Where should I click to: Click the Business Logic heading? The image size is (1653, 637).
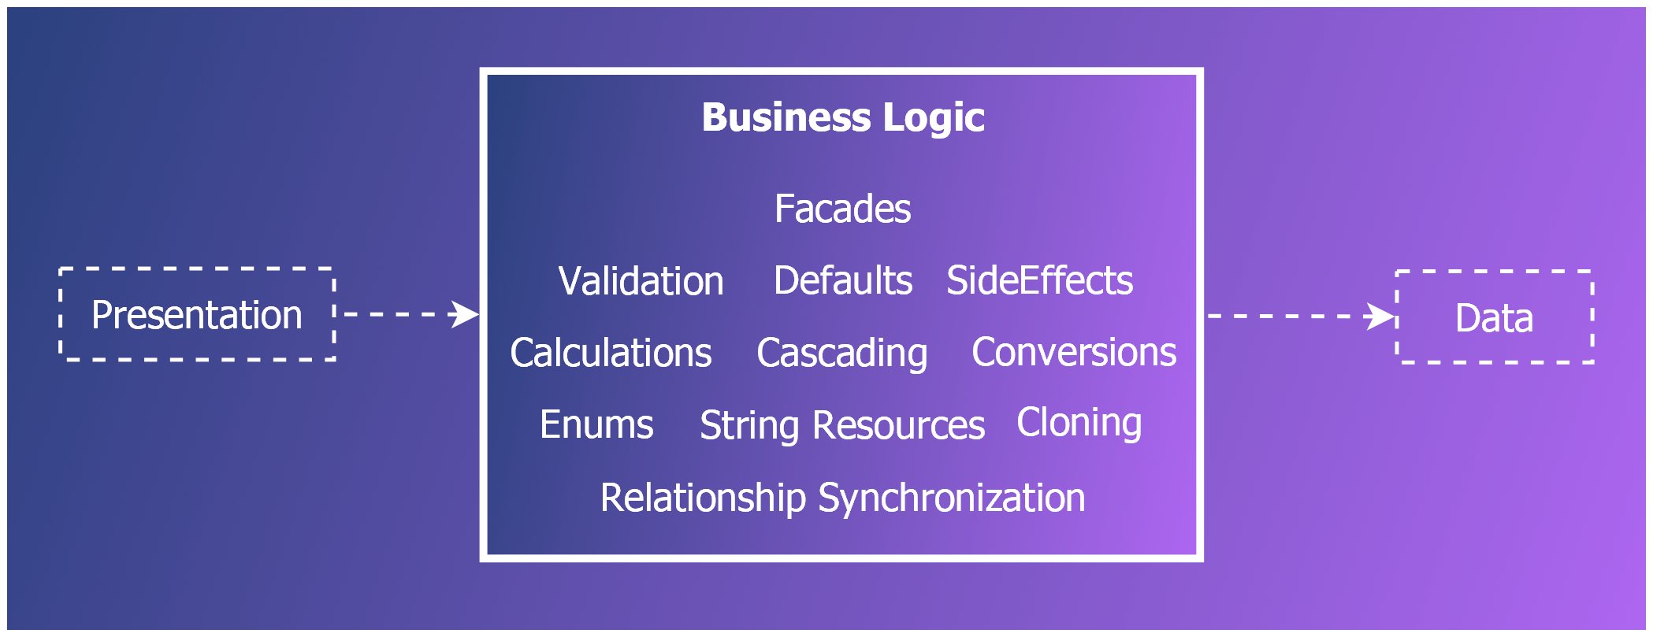coord(842,118)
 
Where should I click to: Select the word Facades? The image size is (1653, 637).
coord(842,209)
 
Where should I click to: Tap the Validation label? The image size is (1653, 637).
coord(641,281)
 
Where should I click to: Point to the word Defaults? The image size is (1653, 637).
coord(842,281)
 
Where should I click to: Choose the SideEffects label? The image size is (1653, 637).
coord(1039,281)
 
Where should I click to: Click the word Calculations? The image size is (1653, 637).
coord(611,353)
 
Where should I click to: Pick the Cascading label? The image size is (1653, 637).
coord(841,353)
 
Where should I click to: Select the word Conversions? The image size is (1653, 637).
coord(1074,353)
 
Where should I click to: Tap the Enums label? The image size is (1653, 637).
coord(596,425)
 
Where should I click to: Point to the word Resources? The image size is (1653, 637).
coord(898,426)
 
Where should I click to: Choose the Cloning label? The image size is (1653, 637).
coord(1079,423)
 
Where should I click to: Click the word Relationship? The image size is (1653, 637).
coord(703,498)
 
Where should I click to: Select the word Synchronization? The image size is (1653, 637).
coord(952,498)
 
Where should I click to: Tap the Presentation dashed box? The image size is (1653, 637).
coord(197,315)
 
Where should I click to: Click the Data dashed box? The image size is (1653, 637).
coord(1494,317)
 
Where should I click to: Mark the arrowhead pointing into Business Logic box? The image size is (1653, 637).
coord(465,314)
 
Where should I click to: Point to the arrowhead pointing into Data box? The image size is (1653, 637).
coord(1380,317)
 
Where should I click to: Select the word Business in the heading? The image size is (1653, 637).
coord(786,118)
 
